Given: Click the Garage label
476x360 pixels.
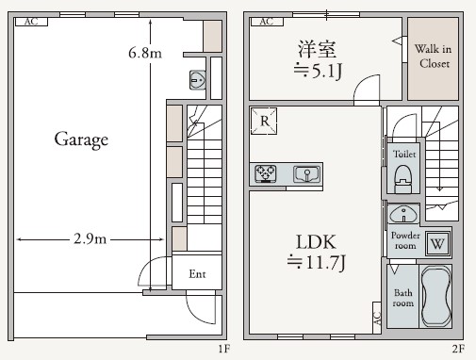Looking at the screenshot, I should (x=81, y=140).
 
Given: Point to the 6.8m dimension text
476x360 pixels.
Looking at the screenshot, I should (x=144, y=54).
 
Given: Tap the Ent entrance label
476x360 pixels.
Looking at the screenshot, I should (x=197, y=275).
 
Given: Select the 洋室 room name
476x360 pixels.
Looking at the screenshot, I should (x=317, y=48).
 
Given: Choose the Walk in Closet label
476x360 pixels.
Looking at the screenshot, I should (x=433, y=57).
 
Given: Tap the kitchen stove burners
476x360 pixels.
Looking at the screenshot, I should (x=265, y=174).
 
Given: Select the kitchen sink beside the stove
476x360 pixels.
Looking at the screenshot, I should (x=306, y=174).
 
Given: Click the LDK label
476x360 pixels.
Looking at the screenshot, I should (x=318, y=239).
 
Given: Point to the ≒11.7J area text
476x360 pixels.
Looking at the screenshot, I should (x=318, y=260).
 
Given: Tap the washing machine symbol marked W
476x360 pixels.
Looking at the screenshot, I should (x=436, y=242).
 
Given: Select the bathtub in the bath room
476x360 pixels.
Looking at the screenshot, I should (x=435, y=295).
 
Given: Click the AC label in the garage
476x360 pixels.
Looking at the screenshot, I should (x=31, y=21).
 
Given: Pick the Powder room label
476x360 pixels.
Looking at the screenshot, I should (x=404, y=239).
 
